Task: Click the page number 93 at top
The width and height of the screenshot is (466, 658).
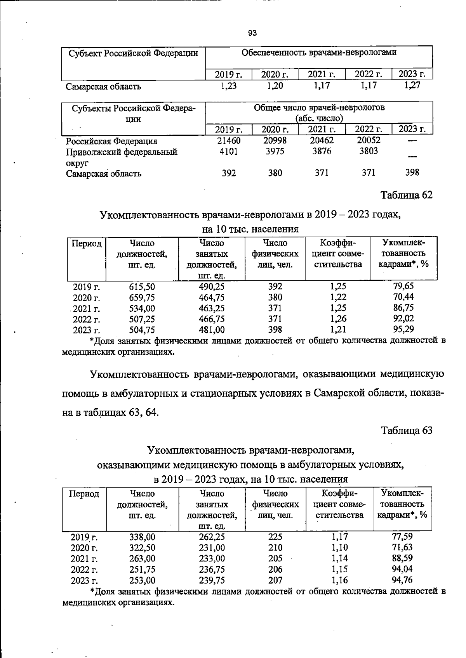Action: point(252,33)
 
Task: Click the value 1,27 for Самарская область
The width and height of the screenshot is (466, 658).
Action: point(412,86)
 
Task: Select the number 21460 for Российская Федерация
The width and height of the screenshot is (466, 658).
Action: point(228,140)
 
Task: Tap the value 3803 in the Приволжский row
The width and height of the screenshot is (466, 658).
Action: point(368,151)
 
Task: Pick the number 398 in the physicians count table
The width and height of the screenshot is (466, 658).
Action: point(412,173)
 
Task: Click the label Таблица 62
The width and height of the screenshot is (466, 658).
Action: point(407,195)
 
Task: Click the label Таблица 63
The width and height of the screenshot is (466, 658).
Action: point(407,430)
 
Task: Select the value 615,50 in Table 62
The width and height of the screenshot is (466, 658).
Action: point(142,287)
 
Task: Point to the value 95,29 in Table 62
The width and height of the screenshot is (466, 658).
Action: point(403,329)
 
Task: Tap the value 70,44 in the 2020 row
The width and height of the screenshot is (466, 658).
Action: point(403,297)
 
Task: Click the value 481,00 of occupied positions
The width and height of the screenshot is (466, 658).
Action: point(212,330)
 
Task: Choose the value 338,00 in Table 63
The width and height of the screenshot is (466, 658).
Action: point(142,537)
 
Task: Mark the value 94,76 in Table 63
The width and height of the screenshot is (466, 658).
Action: point(402,580)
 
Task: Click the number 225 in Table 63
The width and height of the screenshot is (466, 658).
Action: point(275,537)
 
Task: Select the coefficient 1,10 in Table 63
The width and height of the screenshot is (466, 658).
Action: point(339,547)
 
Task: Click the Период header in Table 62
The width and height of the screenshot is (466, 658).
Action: point(87,244)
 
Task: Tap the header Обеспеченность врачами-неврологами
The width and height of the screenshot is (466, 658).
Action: point(319,53)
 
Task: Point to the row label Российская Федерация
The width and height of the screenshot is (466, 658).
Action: point(111,141)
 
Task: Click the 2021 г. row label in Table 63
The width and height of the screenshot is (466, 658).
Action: point(84,559)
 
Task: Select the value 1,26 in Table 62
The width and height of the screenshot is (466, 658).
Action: point(338,319)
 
